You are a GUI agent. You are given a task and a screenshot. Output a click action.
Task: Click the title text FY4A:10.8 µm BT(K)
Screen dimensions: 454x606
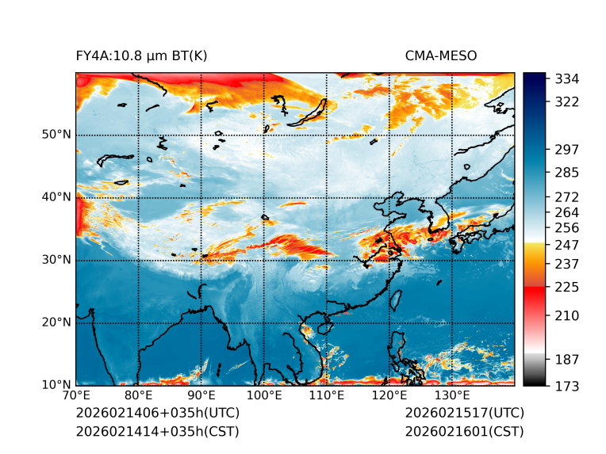(x=141, y=55)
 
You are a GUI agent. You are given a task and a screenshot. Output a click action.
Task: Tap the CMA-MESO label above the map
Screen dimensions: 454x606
(x=440, y=55)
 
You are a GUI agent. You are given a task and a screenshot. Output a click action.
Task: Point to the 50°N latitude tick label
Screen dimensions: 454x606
(x=56, y=135)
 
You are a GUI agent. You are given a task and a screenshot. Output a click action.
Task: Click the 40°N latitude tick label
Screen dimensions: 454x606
(x=56, y=197)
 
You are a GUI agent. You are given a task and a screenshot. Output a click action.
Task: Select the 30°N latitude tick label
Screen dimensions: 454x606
(x=56, y=260)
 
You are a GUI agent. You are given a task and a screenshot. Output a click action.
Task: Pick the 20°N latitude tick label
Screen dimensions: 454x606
(x=56, y=322)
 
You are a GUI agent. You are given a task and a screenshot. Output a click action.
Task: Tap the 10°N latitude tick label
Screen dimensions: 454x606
(x=56, y=385)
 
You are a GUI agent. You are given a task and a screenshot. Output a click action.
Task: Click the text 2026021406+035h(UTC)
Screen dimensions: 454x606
(x=157, y=414)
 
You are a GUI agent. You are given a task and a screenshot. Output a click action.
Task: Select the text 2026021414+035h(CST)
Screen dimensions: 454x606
(x=157, y=432)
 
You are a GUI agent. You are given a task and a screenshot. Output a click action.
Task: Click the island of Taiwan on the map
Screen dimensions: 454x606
(x=397, y=300)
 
